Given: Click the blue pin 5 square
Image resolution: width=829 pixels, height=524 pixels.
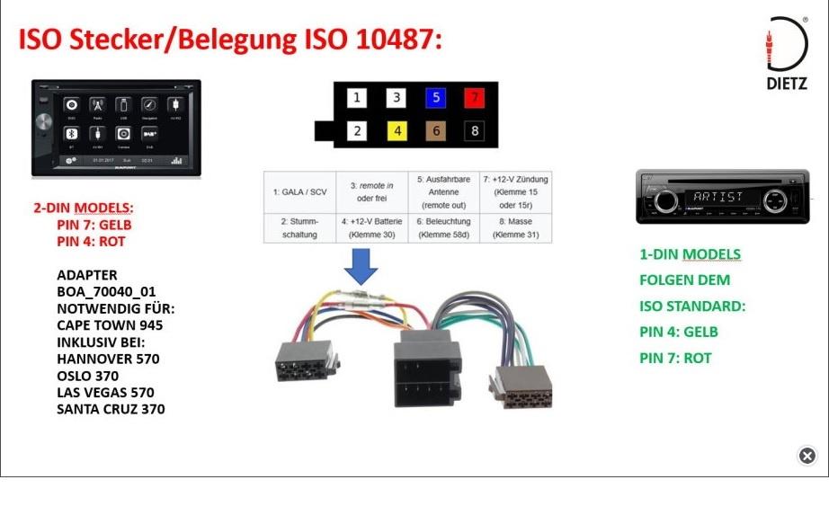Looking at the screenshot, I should tap(435, 98).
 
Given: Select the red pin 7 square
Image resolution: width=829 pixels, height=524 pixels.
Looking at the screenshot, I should tap(474, 98).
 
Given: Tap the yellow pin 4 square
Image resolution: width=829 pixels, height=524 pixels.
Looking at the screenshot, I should tap(396, 131).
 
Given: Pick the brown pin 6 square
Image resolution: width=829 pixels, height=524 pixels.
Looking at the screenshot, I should tap(435, 131).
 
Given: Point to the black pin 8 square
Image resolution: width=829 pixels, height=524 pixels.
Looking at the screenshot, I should tap(474, 131).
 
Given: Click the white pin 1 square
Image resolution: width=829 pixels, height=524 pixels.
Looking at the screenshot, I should tap(357, 98).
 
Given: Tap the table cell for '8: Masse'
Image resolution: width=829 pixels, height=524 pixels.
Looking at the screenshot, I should tap(515, 227).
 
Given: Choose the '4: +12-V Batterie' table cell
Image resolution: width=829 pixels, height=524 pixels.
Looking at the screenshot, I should tap(371, 227).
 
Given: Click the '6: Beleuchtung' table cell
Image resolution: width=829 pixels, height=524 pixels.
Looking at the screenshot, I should tap(443, 227).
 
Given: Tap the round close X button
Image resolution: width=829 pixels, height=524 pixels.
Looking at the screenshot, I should tap(807, 456).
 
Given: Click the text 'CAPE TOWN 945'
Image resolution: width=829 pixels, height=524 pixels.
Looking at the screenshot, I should tap(110, 325).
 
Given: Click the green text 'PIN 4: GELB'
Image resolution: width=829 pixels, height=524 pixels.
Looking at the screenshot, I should tap(678, 332).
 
